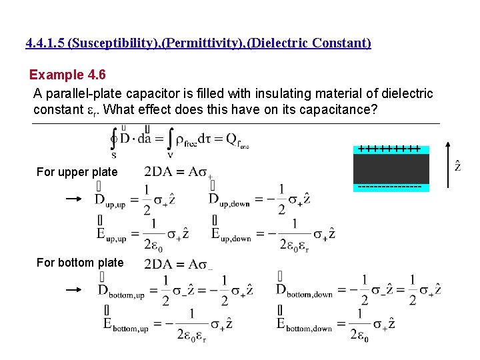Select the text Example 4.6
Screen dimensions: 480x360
66,75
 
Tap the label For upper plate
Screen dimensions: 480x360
77,172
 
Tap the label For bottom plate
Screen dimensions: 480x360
80,263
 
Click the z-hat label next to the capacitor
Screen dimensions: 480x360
457,165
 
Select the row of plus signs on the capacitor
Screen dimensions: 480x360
389,149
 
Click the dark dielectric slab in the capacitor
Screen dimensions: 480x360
391,168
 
